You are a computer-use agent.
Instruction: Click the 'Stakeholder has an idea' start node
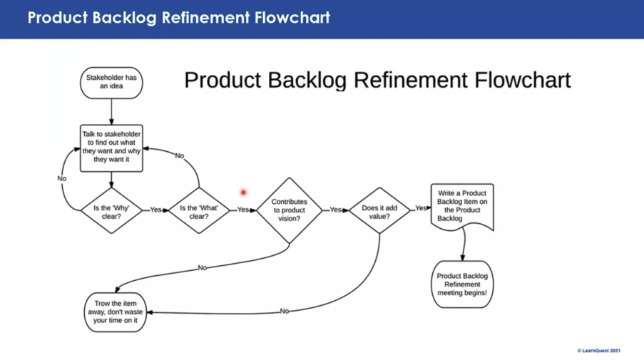click(x=111, y=82)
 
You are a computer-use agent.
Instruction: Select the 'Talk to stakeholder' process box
click(x=111, y=149)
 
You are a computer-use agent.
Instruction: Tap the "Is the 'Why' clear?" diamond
click(x=111, y=210)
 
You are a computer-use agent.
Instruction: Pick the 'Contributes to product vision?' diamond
click(x=289, y=210)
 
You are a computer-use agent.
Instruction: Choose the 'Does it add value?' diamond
click(x=379, y=210)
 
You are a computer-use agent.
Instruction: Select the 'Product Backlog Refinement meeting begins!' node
click(x=462, y=284)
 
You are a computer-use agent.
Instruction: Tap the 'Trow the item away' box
click(x=116, y=312)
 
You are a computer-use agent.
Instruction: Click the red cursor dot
click(x=243, y=192)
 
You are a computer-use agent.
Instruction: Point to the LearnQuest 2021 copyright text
click(x=603, y=351)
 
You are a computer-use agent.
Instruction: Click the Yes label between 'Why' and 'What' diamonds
click(x=155, y=210)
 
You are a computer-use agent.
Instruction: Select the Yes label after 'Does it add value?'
click(x=421, y=208)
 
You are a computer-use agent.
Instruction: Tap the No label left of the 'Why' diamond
click(x=61, y=178)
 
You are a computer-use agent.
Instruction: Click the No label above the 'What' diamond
click(x=180, y=155)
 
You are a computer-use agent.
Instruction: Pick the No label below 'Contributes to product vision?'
click(x=203, y=268)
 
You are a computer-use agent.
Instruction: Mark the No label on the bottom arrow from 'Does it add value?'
click(x=285, y=311)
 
